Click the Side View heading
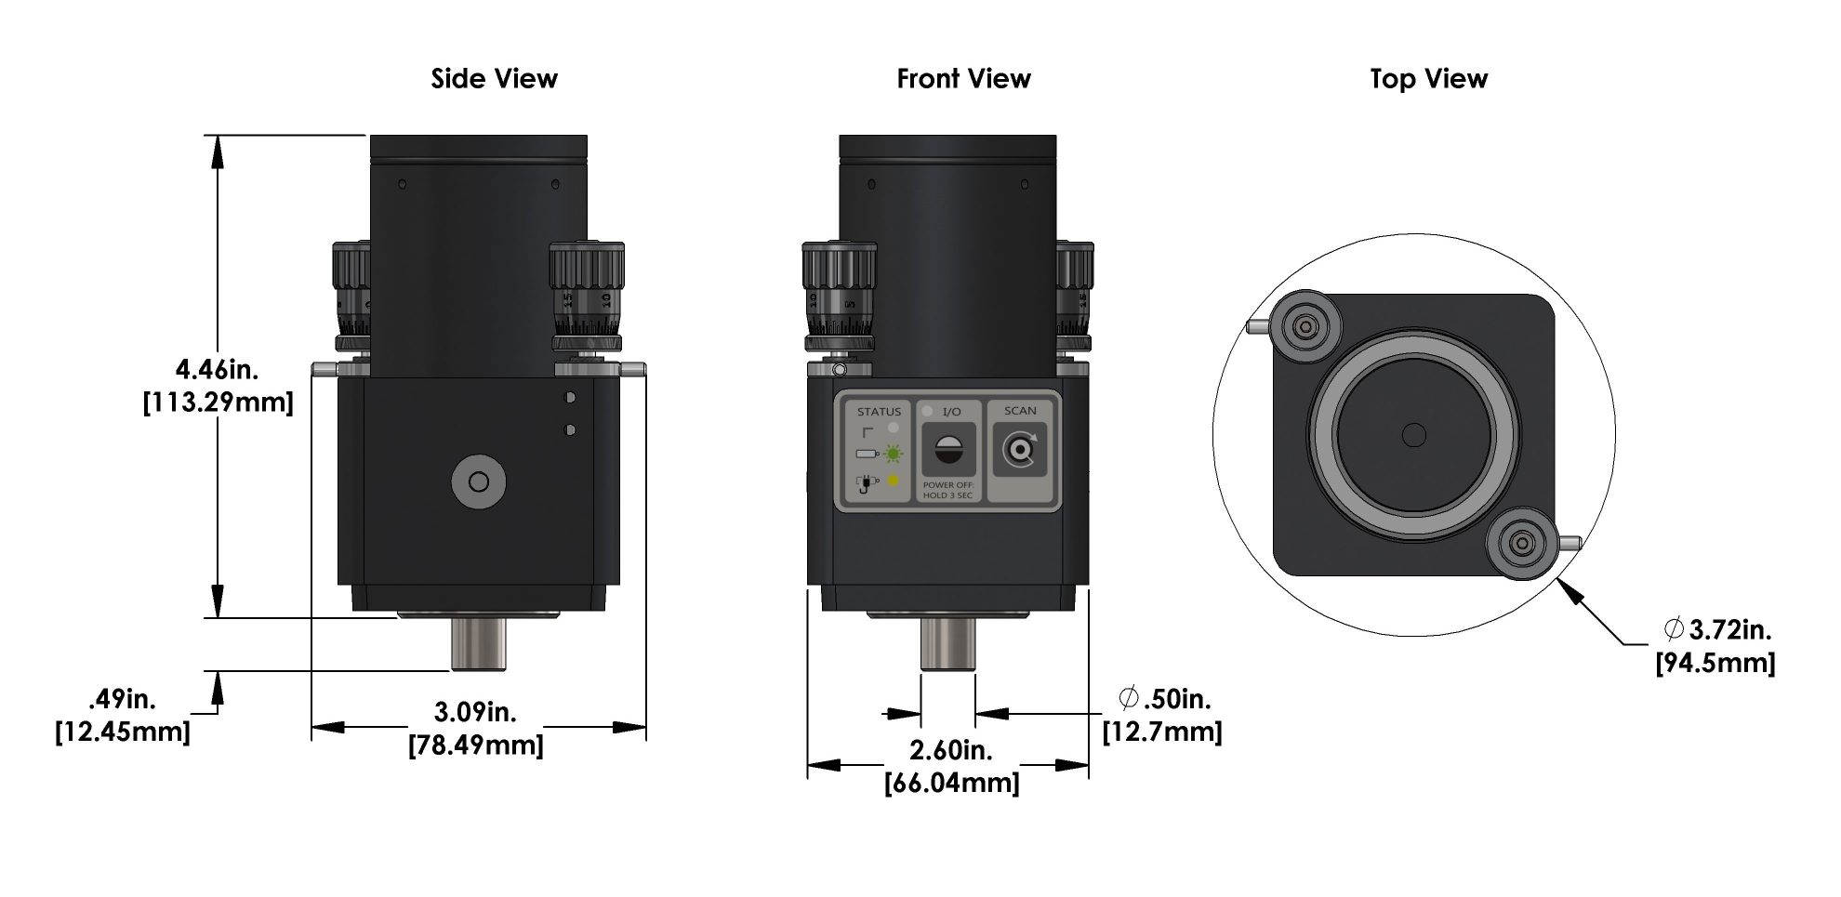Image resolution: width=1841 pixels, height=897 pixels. pyautogui.click(x=494, y=79)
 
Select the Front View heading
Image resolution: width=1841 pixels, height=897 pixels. pyautogui.click(x=963, y=79)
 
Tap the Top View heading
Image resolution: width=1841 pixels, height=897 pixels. pyautogui.click(x=1428, y=79)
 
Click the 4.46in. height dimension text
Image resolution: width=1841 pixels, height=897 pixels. pyautogui.click(x=218, y=370)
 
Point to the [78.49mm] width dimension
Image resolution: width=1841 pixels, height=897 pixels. pyautogui.click(x=475, y=745)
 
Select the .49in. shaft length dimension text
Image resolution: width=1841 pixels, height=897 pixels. pyautogui.click(x=123, y=698)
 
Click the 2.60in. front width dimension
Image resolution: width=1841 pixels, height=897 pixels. pyautogui.click(x=950, y=749)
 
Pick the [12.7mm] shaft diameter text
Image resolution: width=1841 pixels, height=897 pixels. pyautogui.click(x=1162, y=732)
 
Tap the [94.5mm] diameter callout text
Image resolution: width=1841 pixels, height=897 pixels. pyautogui.click(x=1715, y=663)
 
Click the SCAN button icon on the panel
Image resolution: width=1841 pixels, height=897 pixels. pyautogui.click(x=1020, y=450)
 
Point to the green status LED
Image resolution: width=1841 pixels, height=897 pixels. pyautogui.click(x=894, y=454)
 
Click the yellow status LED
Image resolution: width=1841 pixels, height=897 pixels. pyautogui.click(x=894, y=481)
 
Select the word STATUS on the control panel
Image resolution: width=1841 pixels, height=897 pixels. pyautogui.click(x=879, y=411)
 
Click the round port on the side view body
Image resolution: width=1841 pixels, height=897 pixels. pyautogui.click(x=479, y=481)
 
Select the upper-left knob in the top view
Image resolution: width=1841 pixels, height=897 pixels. pyautogui.click(x=1307, y=326)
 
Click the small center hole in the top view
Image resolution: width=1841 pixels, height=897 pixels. pyautogui.click(x=1413, y=434)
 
